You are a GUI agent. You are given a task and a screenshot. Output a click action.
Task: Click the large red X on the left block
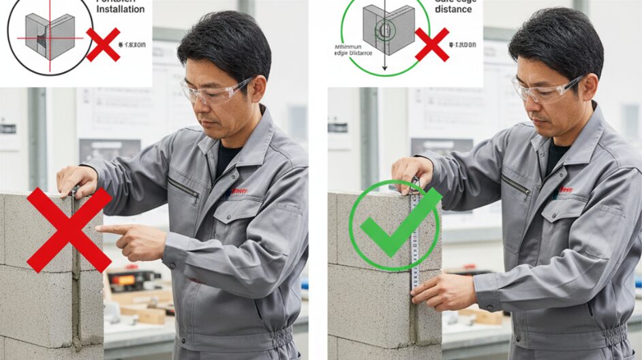point(69,230)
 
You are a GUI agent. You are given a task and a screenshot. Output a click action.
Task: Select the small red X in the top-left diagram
point(104,44)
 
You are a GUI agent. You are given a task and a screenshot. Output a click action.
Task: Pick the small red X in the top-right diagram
point(432,44)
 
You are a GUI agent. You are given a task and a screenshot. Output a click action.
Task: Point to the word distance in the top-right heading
point(453,10)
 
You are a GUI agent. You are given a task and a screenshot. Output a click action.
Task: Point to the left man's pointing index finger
point(110,230)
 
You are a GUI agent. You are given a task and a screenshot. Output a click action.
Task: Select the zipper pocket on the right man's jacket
point(517,185)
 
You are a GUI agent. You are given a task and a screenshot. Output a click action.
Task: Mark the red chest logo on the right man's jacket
point(567,190)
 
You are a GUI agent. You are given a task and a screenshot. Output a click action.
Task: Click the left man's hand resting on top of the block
point(76,179)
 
